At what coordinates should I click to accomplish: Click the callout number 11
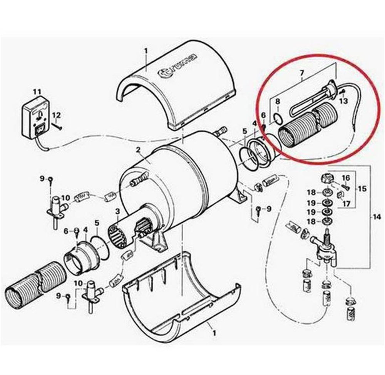(37, 92)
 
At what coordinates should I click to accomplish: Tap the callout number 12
(57, 115)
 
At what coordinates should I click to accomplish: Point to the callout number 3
(117, 211)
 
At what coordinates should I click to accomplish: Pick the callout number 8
(278, 102)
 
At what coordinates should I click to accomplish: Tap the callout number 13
(344, 101)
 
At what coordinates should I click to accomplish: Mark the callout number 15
(363, 189)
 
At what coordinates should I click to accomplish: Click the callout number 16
(346, 178)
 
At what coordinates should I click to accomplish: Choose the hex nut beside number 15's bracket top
(326, 178)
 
